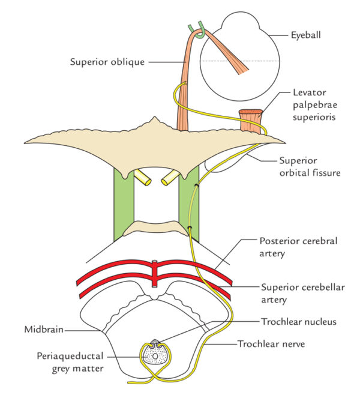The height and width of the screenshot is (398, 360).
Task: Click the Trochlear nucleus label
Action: (x=299, y=322)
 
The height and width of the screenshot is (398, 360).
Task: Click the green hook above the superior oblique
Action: (x=196, y=29)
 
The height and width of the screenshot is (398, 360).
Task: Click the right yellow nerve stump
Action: (x=170, y=177)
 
